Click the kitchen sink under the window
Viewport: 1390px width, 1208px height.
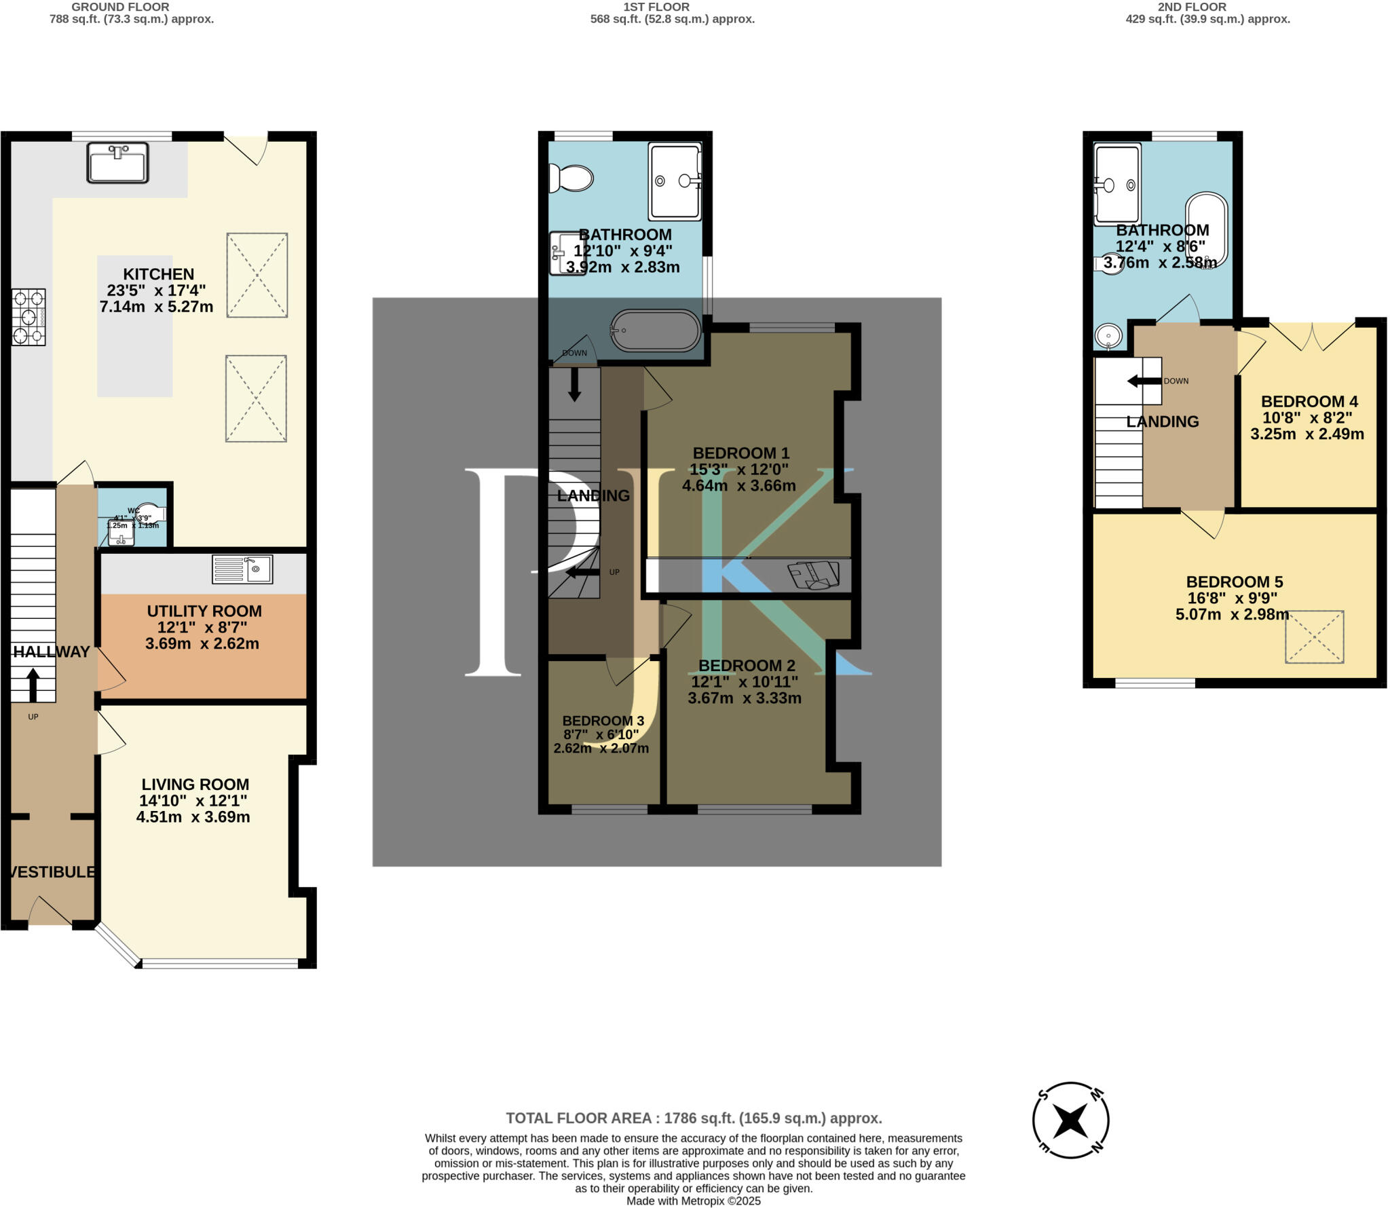pos(117,162)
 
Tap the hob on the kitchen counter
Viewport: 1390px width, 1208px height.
pos(29,317)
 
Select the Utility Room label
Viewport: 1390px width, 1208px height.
pos(204,611)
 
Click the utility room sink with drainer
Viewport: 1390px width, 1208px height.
pos(242,569)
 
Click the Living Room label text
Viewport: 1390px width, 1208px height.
pos(195,784)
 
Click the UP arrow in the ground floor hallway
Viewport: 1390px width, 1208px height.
pos(33,685)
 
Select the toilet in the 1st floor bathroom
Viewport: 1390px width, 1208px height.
pos(571,178)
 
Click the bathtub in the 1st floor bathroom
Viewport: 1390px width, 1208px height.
pos(655,331)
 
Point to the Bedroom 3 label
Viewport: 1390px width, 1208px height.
pos(603,721)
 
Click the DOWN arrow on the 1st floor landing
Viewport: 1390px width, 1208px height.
pos(574,383)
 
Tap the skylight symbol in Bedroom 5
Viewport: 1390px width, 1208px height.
pos(1314,637)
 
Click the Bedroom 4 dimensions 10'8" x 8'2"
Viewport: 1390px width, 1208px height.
pos(1307,417)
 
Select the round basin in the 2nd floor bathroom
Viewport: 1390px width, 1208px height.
pos(1108,335)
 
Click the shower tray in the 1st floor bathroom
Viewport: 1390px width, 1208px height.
pos(674,181)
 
